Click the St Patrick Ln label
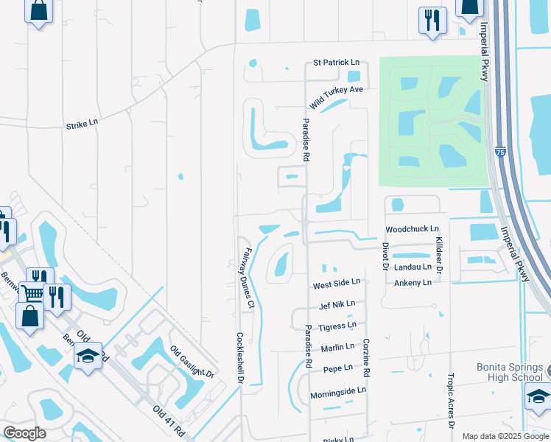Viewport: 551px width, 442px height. tap(336, 63)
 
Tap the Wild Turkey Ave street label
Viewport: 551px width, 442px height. tap(337, 97)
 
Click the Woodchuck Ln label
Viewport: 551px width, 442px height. tap(412, 229)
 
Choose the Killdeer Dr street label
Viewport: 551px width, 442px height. tap(438, 256)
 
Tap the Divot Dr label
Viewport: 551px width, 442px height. tap(385, 257)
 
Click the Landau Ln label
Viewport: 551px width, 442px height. tap(413, 267)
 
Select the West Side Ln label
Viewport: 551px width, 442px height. tap(337, 282)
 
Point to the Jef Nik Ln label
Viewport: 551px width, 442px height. tap(337, 304)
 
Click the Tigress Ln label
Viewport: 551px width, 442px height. tap(338, 325)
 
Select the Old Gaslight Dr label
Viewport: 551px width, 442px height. tap(192, 362)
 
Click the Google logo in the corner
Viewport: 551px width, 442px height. tap(25, 433)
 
